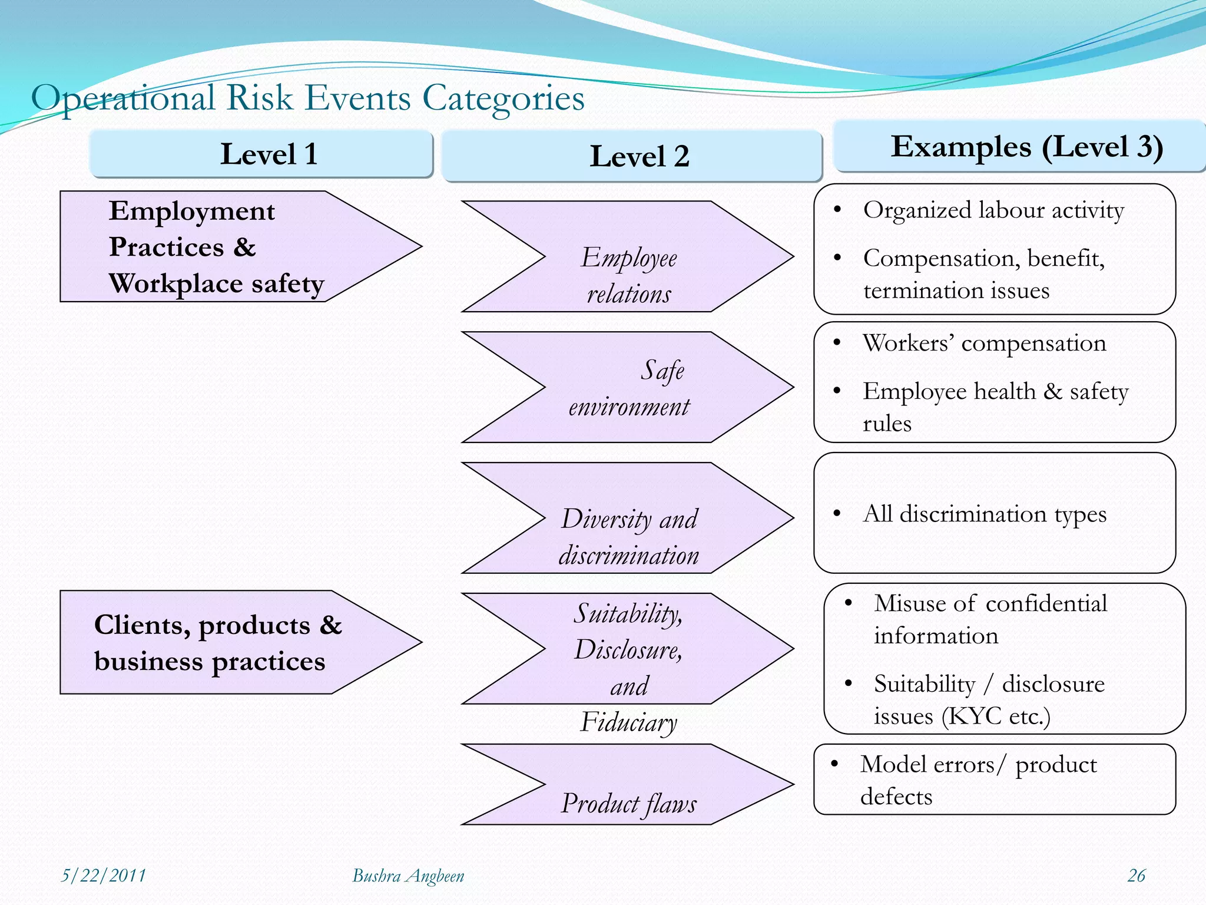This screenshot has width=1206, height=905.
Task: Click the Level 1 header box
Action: pos(261,154)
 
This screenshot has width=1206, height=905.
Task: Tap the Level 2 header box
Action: pos(631,157)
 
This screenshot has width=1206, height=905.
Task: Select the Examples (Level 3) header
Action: pos(1020,147)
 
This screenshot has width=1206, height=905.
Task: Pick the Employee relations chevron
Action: pos(628,257)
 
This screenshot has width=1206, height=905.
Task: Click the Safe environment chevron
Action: pos(628,388)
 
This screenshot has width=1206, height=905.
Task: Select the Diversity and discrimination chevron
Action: pos(628,518)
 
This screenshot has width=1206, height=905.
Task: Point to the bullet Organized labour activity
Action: pos(993,210)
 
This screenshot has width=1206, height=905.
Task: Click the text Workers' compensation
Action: pos(984,343)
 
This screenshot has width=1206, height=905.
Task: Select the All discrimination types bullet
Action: pos(984,514)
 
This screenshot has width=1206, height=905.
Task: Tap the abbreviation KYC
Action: pos(975,716)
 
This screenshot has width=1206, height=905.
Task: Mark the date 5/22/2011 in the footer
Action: pos(103,876)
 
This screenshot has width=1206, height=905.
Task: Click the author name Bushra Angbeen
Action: pos(407,876)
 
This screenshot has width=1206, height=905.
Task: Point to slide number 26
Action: pos(1136,876)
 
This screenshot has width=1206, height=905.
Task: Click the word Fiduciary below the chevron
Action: pos(628,722)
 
